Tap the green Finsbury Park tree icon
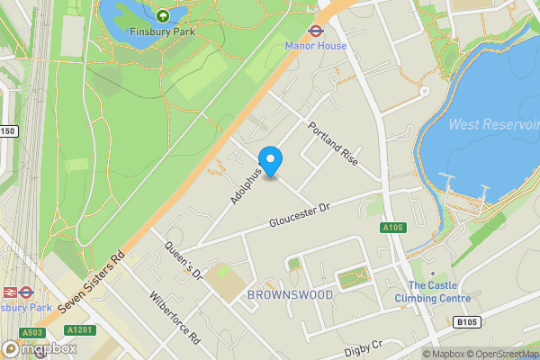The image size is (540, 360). click(x=163, y=15)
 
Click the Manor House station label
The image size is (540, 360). click(x=316, y=45)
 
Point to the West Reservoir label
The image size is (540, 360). click(x=493, y=124)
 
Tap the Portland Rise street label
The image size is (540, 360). click(x=333, y=143)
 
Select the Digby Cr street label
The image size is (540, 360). click(x=364, y=344)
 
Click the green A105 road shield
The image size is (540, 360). click(x=391, y=229)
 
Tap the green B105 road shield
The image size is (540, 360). click(x=465, y=322)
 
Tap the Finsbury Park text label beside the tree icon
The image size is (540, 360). click(x=163, y=31)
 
